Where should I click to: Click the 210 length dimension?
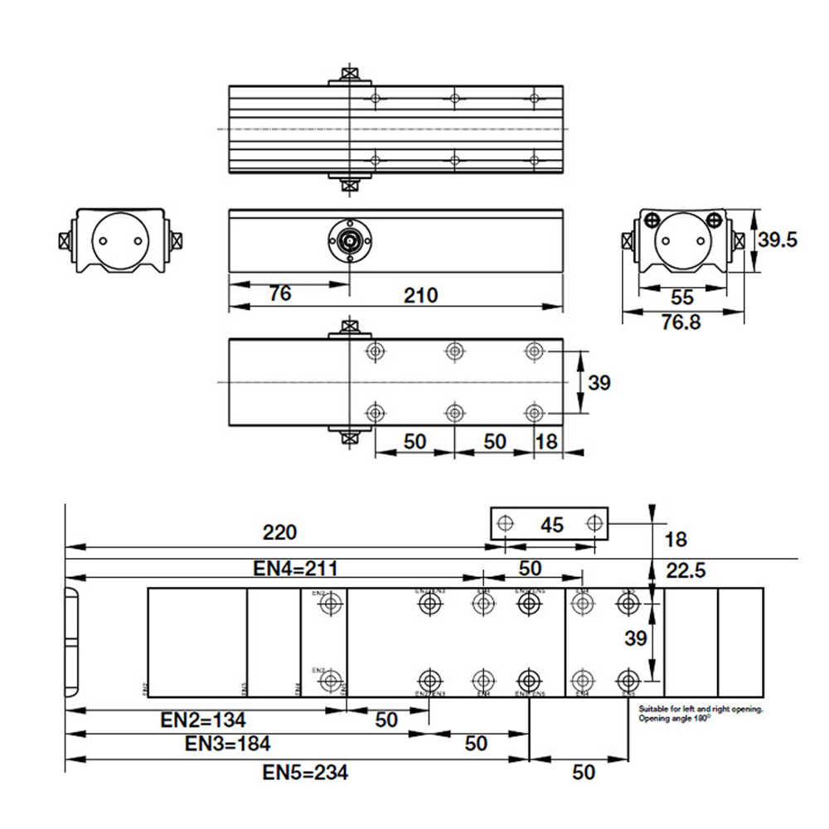(x=421, y=294)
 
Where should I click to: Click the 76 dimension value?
(x=280, y=294)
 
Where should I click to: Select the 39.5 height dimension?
(x=777, y=240)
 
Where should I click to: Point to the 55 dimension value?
(x=682, y=297)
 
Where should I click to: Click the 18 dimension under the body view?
(x=546, y=441)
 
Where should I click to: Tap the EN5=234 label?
(x=305, y=773)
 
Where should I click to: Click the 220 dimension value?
(x=278, y=531)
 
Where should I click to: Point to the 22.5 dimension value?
(x=686, y=570)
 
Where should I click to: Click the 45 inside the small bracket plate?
(x=552, y=524)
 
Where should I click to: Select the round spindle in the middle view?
(x=350, y=240)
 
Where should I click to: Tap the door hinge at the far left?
(x=70, y=642)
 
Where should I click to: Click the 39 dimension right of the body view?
(x=599, y=382)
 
